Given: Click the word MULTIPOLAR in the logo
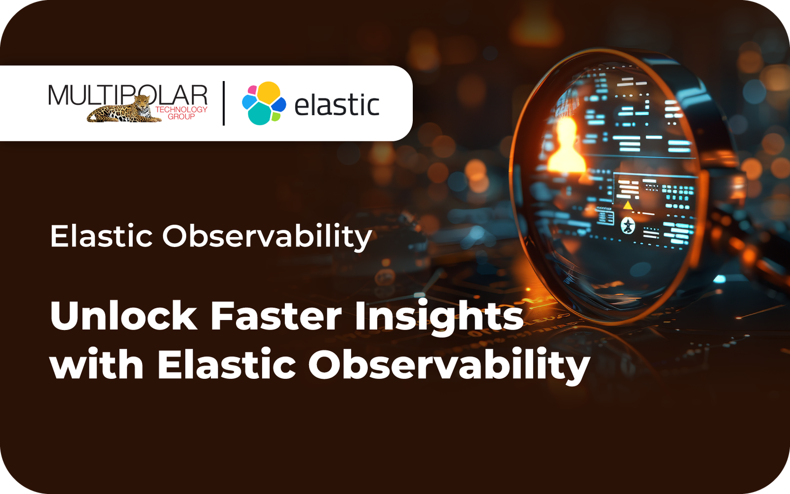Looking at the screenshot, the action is click(128, 95).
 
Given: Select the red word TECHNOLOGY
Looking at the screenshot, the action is click(181, 110).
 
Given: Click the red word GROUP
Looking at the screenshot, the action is click(181, 117).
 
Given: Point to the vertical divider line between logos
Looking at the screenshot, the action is click(224, 103).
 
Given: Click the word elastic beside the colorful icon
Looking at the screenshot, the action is click(337, 105).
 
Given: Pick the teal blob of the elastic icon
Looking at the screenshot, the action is click(260, 114).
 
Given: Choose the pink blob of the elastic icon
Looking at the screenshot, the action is click(252, 90).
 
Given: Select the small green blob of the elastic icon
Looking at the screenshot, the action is click(276, 116).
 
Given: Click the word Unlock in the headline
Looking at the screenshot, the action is click(124, 315).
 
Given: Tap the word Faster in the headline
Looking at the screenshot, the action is click(276, 316).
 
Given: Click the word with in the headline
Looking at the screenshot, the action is click(97, 364).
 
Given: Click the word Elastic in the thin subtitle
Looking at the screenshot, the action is click(102, 236).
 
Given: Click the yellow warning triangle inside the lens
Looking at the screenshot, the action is click(628, 206).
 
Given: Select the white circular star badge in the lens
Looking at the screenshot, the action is click(628, 226).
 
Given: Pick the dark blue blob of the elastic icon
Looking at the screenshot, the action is click(278, 104).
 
